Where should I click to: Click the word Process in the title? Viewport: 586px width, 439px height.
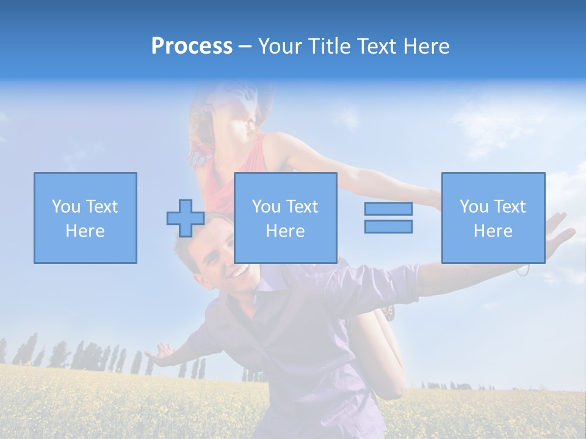(x=192, y=46)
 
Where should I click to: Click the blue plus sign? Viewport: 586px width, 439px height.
(x=186, y=218)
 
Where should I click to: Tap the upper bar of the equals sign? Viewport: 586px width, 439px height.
(x=388, y=209)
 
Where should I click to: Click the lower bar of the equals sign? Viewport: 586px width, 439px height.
(x=388, y=226)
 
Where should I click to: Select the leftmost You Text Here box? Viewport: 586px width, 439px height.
(x=85, y=218)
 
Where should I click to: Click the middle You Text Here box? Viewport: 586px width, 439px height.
(x=285, y=218)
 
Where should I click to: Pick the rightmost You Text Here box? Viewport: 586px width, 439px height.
(x=493, y=218)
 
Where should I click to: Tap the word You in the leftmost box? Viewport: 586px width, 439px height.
(x=65, y=206)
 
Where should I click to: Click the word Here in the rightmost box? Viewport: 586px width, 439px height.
(x=493, y=230)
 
